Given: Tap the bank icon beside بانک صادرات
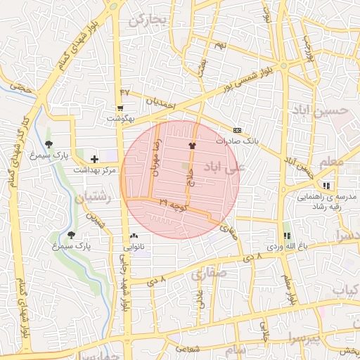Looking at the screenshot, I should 237,130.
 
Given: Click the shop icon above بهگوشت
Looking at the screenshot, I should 121,108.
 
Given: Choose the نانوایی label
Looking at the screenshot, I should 133,247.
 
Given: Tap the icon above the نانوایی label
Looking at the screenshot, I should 134,236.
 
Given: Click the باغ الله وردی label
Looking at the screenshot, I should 283,247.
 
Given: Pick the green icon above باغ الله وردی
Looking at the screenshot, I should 286,236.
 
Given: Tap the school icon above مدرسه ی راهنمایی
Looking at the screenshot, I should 326,186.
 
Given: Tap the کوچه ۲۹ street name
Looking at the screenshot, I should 172,205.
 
